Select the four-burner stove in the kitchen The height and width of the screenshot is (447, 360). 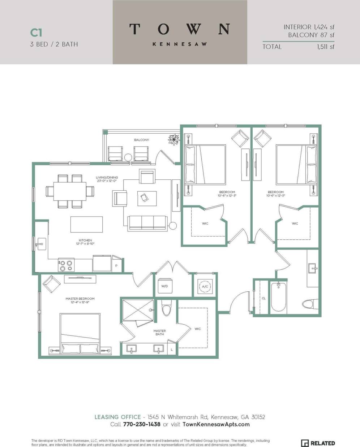[x=66, y=266]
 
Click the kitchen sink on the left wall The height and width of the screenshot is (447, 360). [x=40, y=244]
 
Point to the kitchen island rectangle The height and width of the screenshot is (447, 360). [x=86, y=225]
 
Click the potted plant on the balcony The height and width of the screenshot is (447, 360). [x=174, y=139]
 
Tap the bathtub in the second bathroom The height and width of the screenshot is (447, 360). [x=278, y=297]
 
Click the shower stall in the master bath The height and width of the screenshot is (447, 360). [x=138, y=309]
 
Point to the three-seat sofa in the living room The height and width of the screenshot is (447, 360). [x=147, y=223]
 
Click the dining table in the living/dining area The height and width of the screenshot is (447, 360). [x=70, y=191]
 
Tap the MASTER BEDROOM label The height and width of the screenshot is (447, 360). [x=80, y=299]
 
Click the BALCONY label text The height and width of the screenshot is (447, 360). [x=141, y=140]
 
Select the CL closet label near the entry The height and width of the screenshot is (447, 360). [x=263, y=298]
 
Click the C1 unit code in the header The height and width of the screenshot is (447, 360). [x=36, y=32]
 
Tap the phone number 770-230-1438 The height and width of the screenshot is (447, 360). [x=141, y=424]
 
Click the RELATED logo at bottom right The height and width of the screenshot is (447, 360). [x=318, y=443]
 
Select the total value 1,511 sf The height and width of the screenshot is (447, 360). [x=325, y=47]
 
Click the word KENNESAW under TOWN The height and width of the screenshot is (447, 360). [x=180, y=44]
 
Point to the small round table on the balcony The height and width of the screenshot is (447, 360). [x=128, y=157]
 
